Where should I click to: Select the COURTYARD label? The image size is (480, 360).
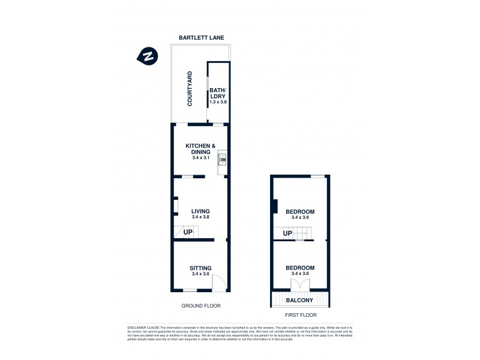click(x=190, y=89)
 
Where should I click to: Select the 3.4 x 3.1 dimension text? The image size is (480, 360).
click(x=200, y=158)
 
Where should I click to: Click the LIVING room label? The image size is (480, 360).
click(x=200, y=211)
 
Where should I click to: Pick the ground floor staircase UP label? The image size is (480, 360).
click(x=188, y=232)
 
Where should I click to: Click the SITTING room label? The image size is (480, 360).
click(x=200, y=268)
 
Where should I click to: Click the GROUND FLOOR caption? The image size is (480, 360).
click(x=200, y=305)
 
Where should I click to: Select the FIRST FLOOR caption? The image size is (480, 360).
click(x=299, y=314)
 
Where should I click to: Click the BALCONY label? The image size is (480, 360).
click(x=300, y=299)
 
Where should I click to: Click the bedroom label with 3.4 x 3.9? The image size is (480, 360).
click(x=300, y=212)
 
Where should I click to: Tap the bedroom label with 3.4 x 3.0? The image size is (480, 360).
click(x=300, y=268)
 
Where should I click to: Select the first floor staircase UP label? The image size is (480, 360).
click(x=287, y=233)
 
